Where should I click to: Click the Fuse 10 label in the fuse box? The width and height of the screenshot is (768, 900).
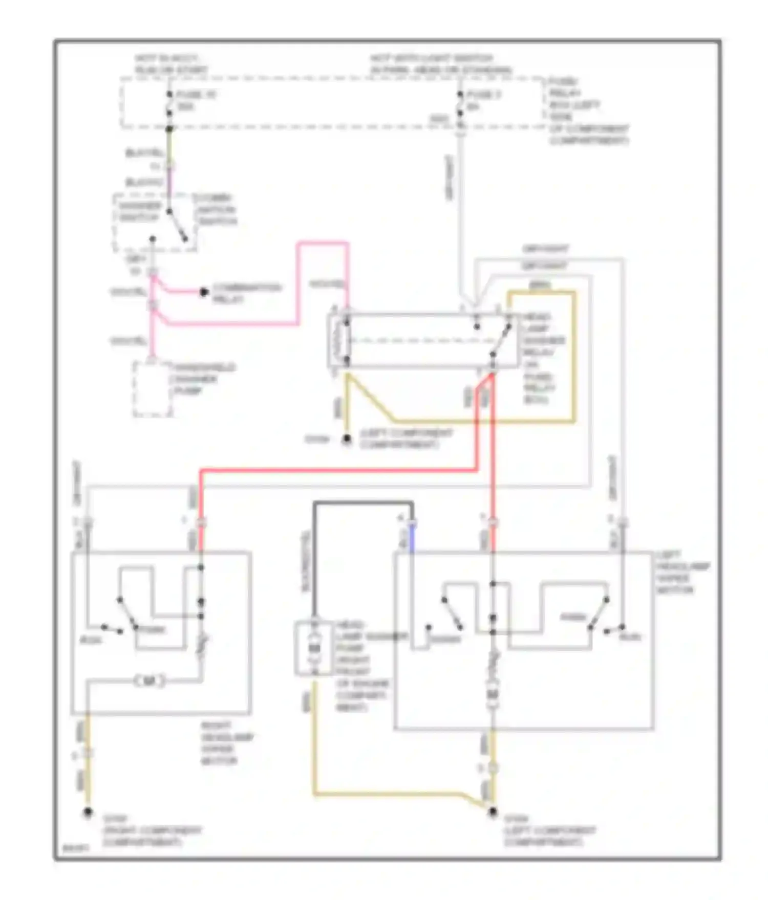tap(196, 95)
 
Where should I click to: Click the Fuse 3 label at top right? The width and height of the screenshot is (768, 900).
tap(483, 95)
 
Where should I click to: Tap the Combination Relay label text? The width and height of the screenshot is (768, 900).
tap(246, 293)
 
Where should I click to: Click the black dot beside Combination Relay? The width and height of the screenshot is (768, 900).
tap(204, 292)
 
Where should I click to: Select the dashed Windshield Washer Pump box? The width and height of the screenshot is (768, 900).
tap(153, 389)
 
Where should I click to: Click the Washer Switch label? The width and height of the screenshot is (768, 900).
tap(140, 211)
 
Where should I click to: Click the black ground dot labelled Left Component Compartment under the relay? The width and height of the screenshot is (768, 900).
tap(347, 438)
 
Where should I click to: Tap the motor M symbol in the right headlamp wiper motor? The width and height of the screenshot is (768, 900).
tap(150, 681)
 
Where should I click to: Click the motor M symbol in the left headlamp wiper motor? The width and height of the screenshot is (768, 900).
tap(493, 694)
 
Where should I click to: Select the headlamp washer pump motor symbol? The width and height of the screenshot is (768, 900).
tap(314, 648)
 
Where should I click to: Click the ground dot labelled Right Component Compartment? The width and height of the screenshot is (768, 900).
tap(88, 813)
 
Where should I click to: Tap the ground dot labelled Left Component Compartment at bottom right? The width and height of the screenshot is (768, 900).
tap(493, 812)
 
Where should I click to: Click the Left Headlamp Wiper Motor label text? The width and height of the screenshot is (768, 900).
tap(682, 572)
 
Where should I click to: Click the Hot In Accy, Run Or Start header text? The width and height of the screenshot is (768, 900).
tap(171, 64)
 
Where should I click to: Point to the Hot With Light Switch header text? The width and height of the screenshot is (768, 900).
tap(440, 64)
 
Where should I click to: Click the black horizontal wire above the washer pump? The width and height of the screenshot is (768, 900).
tap(363, 504)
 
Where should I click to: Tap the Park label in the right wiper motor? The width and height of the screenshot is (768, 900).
tap(152, 629)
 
